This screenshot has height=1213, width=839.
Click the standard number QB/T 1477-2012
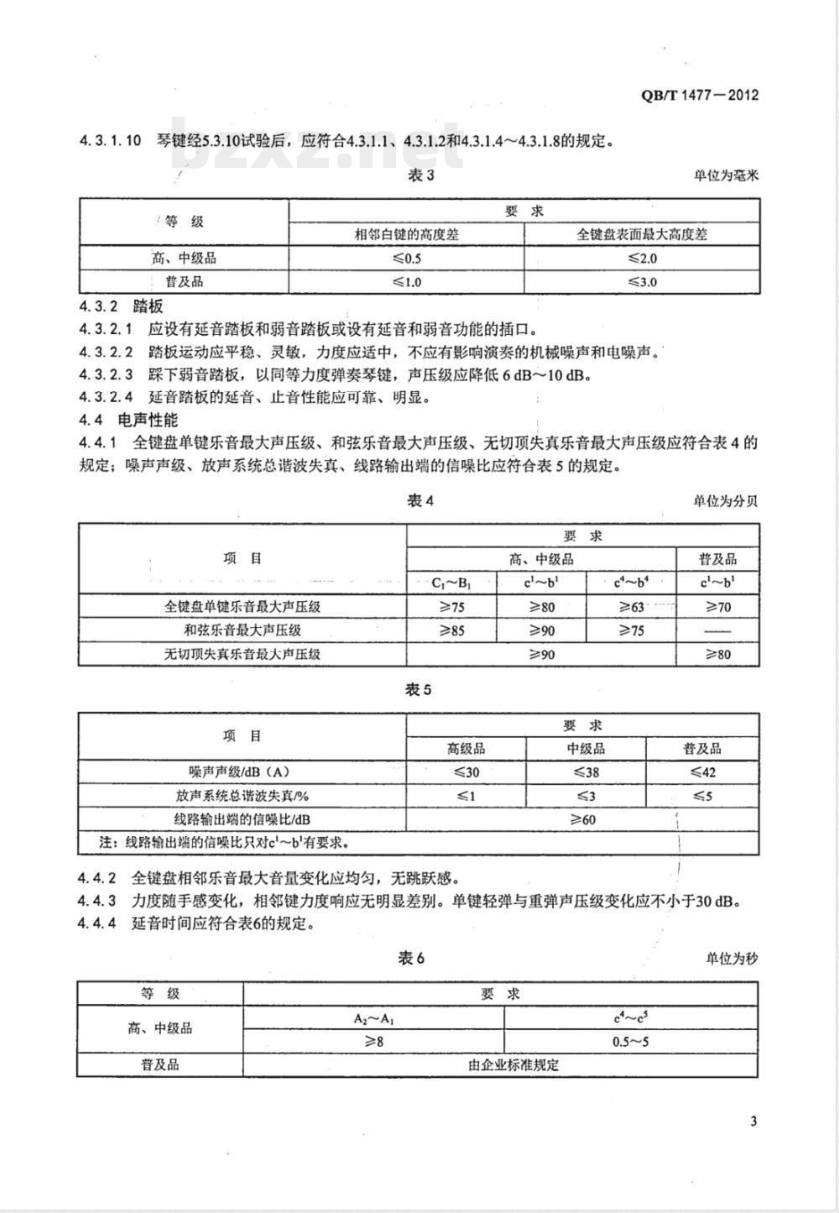point(700,95)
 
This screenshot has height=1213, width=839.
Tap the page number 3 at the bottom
point(753,1122)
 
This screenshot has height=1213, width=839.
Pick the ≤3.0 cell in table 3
point(642,282)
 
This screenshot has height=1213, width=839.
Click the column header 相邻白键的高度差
point(406,235)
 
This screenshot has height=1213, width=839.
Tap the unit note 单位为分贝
point(725,501)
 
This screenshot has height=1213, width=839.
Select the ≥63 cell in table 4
point(631,606)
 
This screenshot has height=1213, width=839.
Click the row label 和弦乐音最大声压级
point(242,630)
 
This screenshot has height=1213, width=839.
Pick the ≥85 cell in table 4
point(451,630)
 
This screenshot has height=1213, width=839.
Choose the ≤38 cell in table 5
point(586,772)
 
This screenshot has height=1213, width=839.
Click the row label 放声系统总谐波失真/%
point(242,796)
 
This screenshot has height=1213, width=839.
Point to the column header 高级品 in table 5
point(466,749)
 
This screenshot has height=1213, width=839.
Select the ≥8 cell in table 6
point(373,1041)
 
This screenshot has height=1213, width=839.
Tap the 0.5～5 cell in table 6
point(631,1041)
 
